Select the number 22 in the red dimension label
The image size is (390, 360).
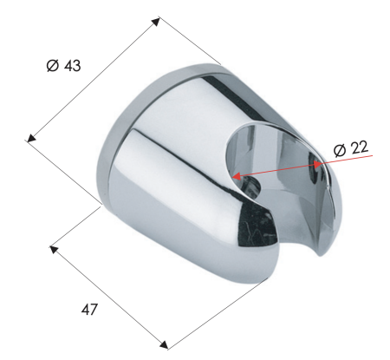click(359, 148)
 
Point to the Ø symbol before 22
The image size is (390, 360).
click(339, 148)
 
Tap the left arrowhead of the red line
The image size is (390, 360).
click(236, 177)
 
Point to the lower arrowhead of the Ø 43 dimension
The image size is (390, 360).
click(32, 136)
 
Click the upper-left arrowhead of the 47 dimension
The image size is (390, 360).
click(54, 249)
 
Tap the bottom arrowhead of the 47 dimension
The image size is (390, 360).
click(164, 345)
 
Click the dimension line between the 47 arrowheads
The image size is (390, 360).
click(108, 297)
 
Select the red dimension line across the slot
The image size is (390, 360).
click(277, 169)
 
